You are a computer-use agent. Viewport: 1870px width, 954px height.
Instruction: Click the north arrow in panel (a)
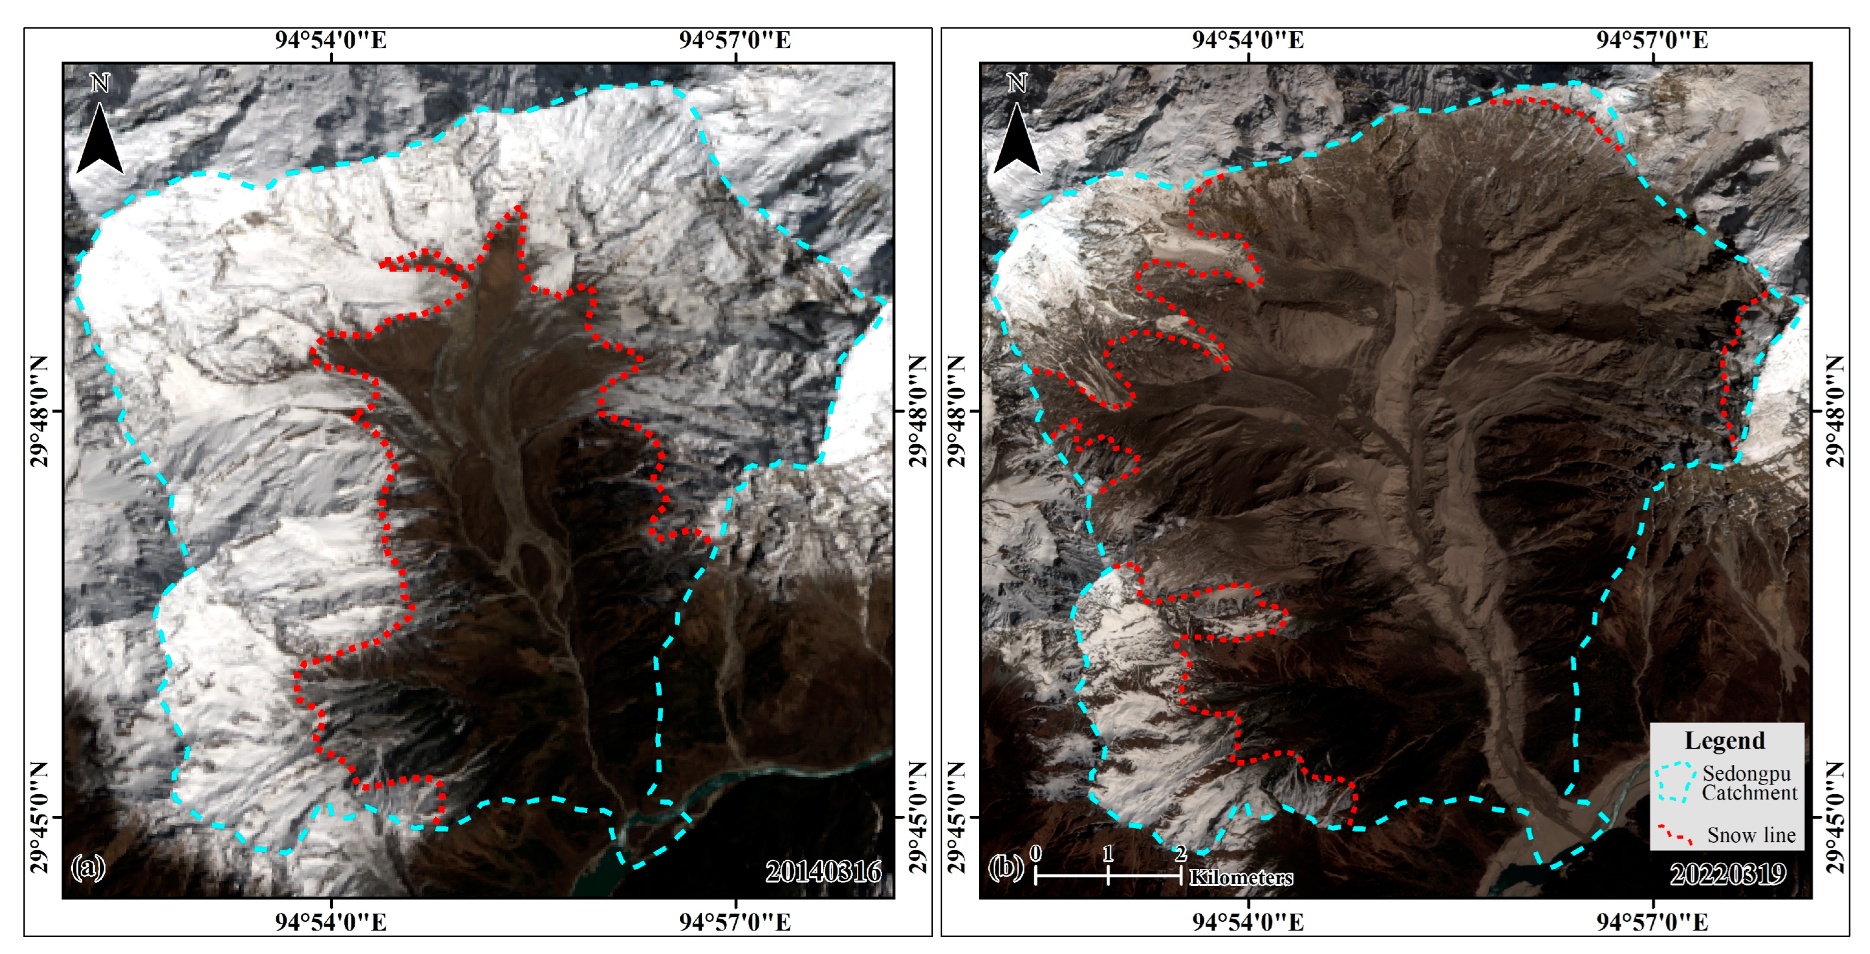pos(100,134)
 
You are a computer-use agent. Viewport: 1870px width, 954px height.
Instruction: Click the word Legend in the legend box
pos(1724,741)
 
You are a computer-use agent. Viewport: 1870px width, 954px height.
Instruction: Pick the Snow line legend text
pos(1751,835)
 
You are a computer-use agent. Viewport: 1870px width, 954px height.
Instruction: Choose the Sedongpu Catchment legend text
pos(1750,783)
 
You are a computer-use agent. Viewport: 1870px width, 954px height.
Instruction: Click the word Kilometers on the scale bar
pos(1241,877)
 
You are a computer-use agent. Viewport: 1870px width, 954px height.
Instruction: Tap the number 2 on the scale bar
pos(1180,853)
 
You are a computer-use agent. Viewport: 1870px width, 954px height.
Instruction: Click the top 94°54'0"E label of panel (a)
pos(330,40)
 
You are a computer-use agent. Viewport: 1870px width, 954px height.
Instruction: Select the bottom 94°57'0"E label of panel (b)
pos(1652,922)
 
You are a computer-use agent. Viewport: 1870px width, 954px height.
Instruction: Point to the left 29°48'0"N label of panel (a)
pos(40,411)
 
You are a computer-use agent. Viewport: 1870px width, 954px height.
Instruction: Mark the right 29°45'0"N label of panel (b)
pos(1835,817)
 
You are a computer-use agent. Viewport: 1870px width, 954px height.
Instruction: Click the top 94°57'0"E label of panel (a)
pos(735,40)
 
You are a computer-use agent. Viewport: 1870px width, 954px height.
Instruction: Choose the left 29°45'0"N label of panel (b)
pos(957,817)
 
